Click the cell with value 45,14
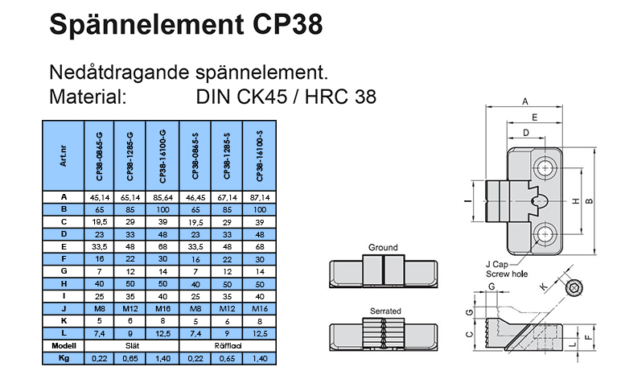100,196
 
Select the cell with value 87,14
258,196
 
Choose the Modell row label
63,344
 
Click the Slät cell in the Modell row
132,344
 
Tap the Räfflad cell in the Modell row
227,344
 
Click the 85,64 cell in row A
163,196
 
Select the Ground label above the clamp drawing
383,247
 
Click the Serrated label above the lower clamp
383,311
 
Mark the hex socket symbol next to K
574,287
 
